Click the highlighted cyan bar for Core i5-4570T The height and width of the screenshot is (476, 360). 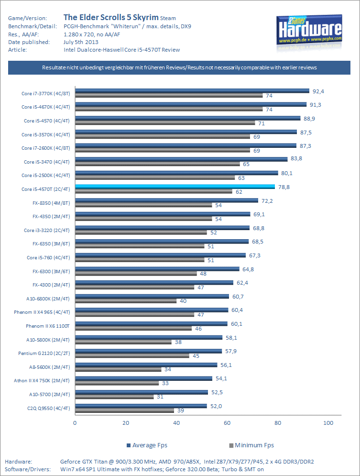pos(175,187)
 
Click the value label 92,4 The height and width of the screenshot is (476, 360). pos(319,90)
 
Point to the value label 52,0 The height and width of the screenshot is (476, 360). pos(216,406)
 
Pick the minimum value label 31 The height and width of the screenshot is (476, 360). pos(160,397)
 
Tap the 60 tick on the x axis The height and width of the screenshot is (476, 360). pos(227,423)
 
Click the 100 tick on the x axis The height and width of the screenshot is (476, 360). pos(328,423)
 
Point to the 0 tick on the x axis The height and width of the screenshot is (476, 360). pos(75,423)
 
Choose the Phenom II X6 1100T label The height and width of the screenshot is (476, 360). pos(48,326)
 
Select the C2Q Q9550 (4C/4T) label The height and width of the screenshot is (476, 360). pos(49,408)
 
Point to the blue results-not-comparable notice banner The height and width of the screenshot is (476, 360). pos(179,68)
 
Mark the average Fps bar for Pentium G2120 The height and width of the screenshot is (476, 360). pos(148,351)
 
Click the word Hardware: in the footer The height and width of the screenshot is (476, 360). pos(18,462)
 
